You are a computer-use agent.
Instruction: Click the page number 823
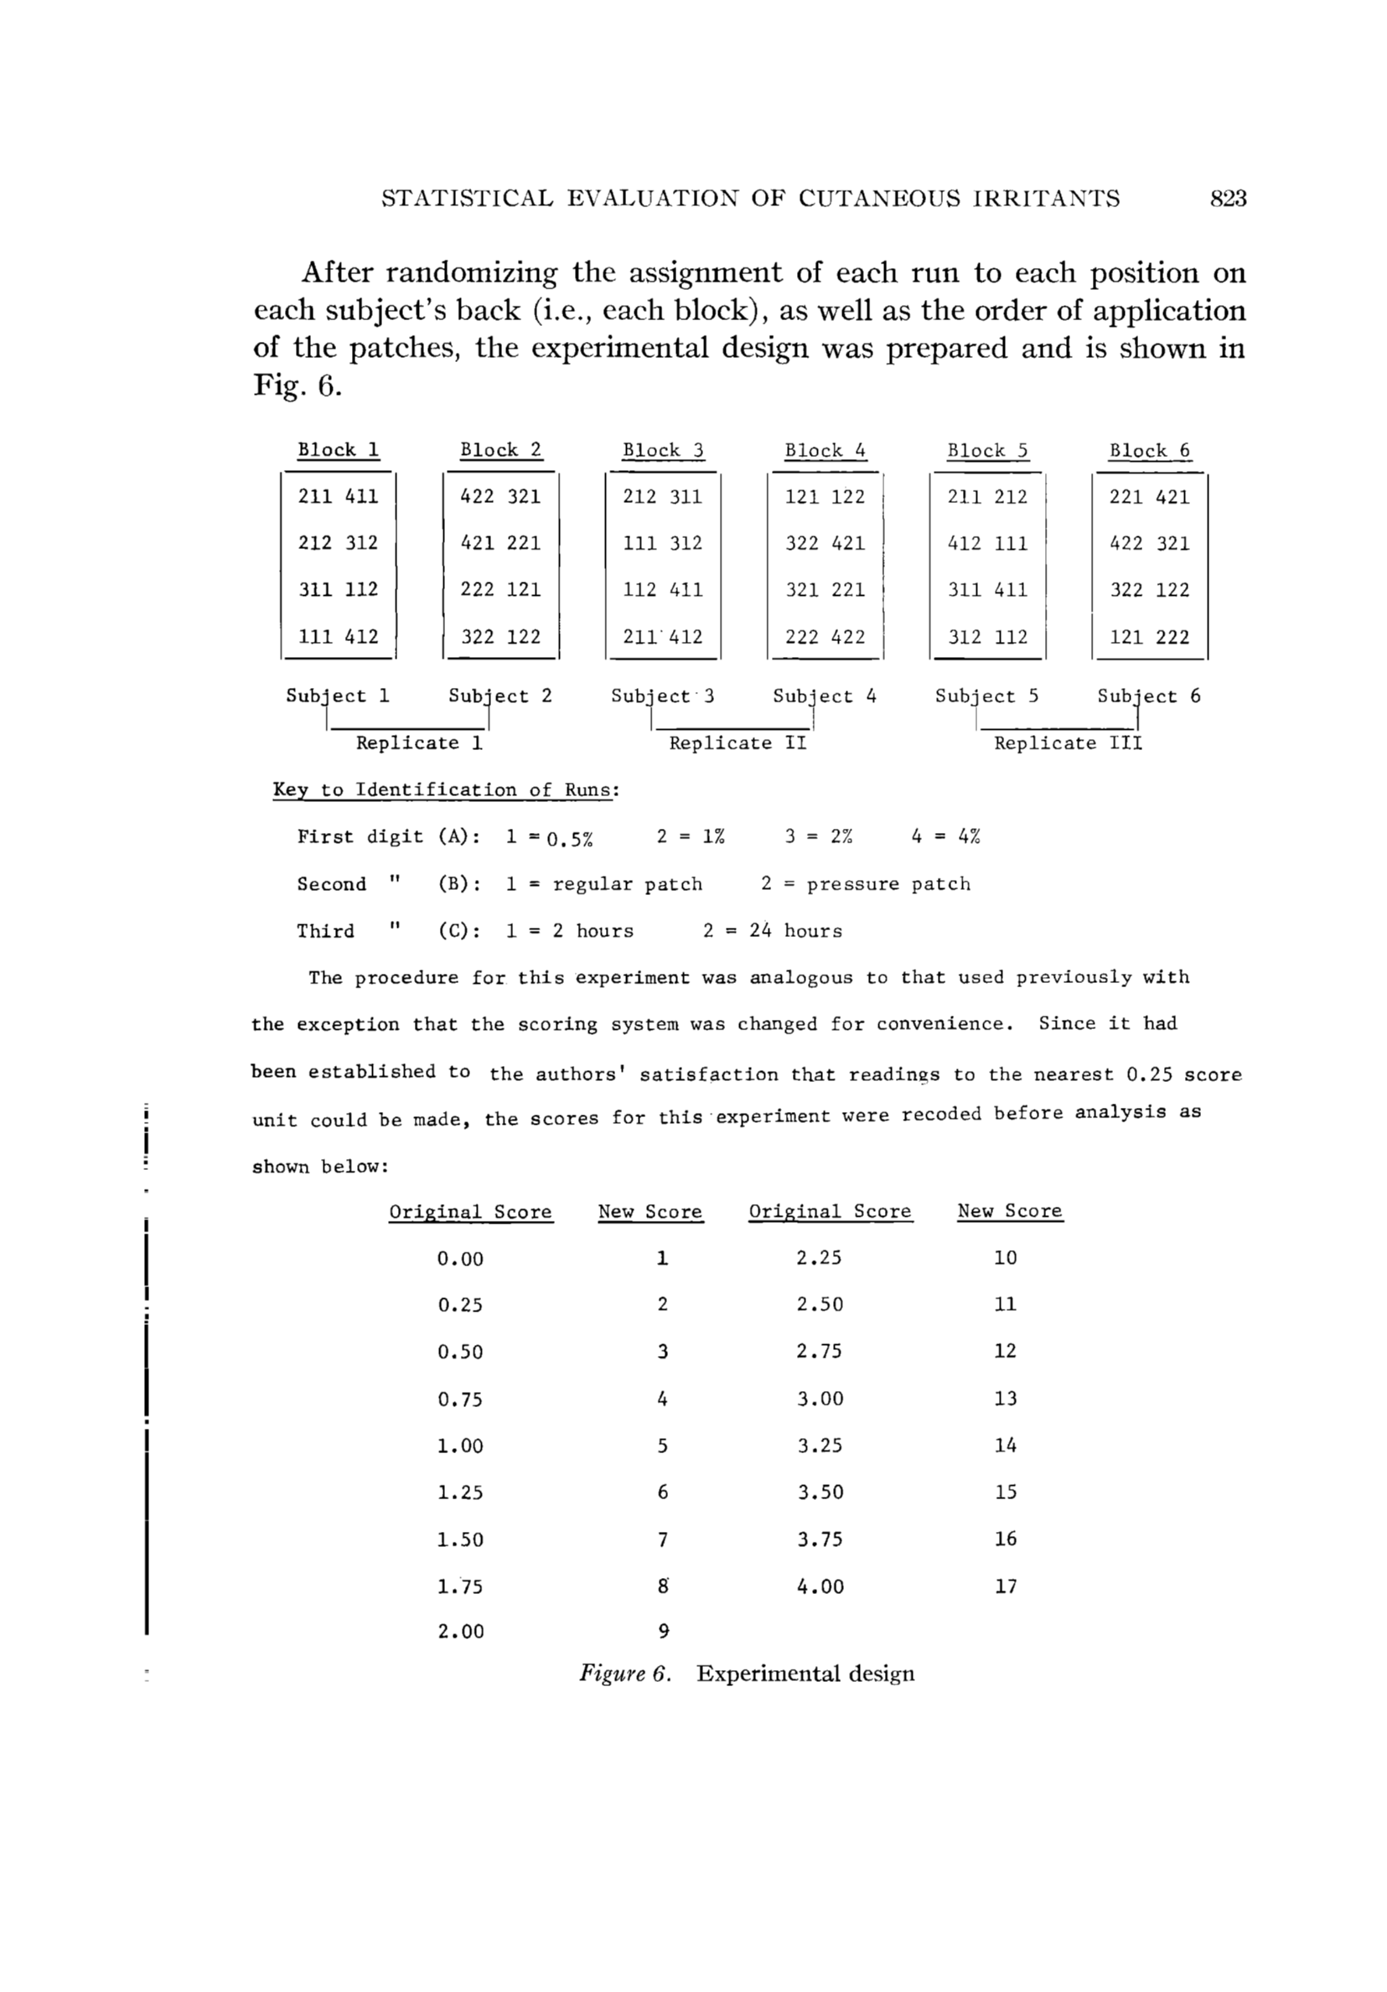click(x=1228, y=199)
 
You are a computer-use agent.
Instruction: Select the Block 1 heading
click(x=339, y=449)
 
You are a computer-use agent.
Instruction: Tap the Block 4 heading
click(x=825, y=450)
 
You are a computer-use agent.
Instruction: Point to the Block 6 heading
click(x=1149, y=450)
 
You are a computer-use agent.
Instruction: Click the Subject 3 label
click(x=663, y=696)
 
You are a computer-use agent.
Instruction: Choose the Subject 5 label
click(x=986, y=696)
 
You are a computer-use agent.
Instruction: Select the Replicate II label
click(x=737, y=742)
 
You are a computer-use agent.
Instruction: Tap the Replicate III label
click(x=1068, y=742)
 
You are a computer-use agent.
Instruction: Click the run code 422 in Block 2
click(x=477, y=496)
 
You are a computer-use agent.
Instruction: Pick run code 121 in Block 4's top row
click(x=801, y=496)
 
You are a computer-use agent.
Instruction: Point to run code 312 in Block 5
click(x=965, y=637)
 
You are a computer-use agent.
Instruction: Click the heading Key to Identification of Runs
click(x=446, y=789)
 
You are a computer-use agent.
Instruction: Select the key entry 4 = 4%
click(x=945, y=836)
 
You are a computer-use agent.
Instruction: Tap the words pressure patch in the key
click(x=888, y=884)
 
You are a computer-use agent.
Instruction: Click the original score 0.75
click(x=460, y=1400)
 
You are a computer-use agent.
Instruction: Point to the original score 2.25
click(x=819, y=1258)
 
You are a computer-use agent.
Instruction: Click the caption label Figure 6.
click(x=624, y=1674)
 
